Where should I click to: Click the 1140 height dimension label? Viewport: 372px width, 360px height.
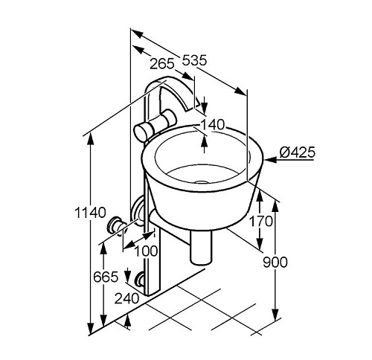tap(90, 213)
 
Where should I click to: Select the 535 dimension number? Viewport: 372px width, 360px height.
tap(194, 60)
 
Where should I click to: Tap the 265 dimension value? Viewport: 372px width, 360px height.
tap(162, 64)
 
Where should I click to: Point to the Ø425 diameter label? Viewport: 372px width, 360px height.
tap(298, 152)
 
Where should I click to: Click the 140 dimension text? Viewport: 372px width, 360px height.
tap(212, 124)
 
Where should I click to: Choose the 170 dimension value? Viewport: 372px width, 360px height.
tap(260, 221)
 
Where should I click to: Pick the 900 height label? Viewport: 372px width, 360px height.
tap(275, 262)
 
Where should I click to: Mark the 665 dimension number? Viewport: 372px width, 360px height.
tap(106, 277)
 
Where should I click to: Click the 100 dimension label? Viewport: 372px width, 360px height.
tap(146, 251)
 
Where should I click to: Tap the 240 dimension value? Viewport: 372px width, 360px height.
tap(126, 298)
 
